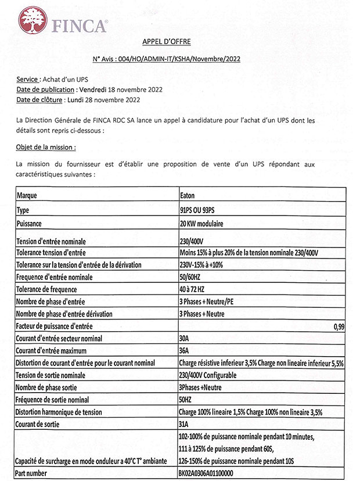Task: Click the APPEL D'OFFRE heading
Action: (x=166, y=41)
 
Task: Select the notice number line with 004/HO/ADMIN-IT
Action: (x=166, y=59)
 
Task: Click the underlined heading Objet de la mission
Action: (x=46, y=148)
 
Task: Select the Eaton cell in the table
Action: (x=188, y=196)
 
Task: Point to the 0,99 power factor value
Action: (x=339, y=327)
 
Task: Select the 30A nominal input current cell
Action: (x=186, y=339)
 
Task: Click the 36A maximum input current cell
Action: (x=186, y=351)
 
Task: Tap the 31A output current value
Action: (x=186, y=424)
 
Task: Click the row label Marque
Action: (x=27, y=196)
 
